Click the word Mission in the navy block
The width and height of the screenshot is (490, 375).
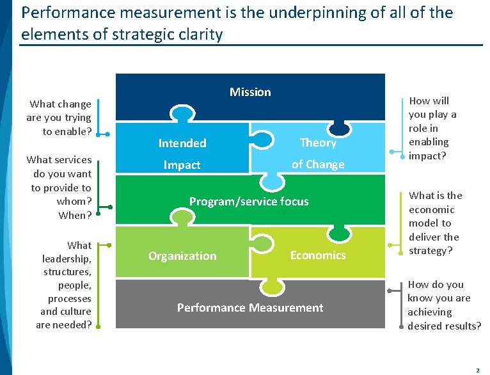tap(250, 92)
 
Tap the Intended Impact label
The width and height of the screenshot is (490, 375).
tap(182, 154)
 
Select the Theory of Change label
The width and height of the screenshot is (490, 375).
tap(318, 153)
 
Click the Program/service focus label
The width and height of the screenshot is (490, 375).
tap(249, 202)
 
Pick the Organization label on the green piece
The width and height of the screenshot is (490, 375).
tap(182, 256)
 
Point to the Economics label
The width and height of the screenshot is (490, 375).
tap(318, 255)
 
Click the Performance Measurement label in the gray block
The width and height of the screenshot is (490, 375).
tap(250, 308)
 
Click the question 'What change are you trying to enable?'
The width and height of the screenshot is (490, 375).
tap(59, 118)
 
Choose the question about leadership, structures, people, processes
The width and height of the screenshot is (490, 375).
tap(64, 285)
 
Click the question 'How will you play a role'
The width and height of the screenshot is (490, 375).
tap(433, 128)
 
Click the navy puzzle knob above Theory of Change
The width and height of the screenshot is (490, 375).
tap(340, 129)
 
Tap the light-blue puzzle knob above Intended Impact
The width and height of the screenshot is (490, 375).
tap(183, 114)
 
